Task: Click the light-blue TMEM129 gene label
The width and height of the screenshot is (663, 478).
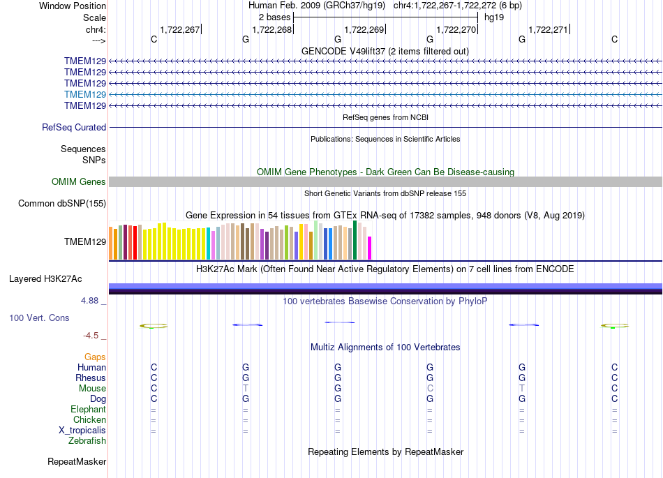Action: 85,94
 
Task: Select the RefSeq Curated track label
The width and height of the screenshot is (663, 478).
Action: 74,127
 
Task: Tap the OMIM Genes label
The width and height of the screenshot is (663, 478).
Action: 79,181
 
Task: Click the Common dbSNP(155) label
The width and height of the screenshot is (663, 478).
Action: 62,203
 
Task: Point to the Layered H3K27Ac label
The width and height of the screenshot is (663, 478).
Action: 45,279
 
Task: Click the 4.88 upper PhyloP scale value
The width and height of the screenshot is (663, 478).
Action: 89,301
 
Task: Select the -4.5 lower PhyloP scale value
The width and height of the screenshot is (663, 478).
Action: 91,336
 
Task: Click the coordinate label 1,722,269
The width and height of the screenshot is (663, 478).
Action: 364,29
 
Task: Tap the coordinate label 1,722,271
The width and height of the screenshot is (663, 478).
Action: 549,29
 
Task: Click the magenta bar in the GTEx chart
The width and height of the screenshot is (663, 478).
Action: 370,248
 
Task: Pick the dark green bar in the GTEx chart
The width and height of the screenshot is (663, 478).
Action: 355,240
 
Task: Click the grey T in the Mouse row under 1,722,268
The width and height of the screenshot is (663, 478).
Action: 246,388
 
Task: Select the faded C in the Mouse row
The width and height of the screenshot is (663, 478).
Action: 430,388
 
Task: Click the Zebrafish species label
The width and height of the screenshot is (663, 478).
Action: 87,440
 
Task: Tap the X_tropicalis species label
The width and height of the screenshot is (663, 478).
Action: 82,431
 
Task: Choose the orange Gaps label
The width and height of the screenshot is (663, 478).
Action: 95,357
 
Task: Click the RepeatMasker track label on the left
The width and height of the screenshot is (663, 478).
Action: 77,461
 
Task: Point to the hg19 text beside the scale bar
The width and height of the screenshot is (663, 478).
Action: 494,17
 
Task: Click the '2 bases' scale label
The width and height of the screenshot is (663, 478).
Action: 275,17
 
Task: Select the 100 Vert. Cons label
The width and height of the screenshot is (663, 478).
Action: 39,318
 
